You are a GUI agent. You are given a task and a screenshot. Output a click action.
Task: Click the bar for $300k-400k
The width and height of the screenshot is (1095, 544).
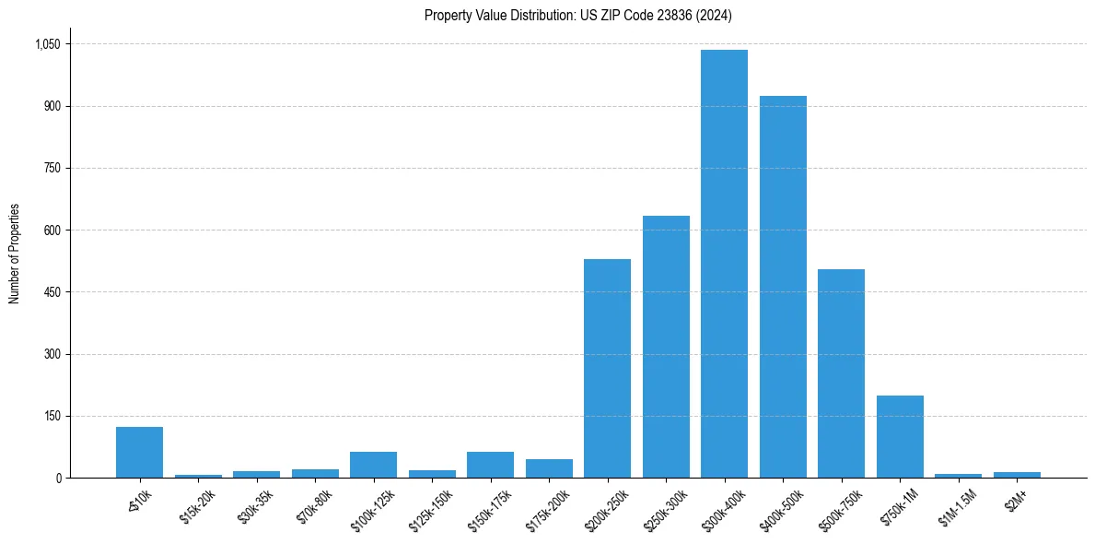click(x=724, y=264)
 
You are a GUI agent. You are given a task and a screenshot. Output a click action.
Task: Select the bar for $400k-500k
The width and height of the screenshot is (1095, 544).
click(x=783, y=287)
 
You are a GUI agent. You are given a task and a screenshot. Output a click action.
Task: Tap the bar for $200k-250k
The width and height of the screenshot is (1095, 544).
click(x=607, y=369)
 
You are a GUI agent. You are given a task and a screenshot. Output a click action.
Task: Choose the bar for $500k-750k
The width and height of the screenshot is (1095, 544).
click(x=841, y=373)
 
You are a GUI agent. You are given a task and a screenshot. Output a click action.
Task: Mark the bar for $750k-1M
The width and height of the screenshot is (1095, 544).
click(x=900, y=436)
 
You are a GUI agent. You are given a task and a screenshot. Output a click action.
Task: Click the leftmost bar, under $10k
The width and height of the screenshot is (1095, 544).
click(x=139, y=453)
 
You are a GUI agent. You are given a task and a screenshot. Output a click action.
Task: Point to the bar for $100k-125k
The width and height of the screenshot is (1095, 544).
click(x=373, y=465)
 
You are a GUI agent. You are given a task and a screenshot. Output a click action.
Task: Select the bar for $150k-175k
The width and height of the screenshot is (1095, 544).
click(x=490, y=465)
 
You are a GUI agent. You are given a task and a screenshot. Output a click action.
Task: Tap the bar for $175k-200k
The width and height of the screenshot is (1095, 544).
click(x=549, y=468)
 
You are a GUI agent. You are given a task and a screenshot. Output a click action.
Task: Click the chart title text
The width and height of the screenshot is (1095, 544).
click(x=578, y=15)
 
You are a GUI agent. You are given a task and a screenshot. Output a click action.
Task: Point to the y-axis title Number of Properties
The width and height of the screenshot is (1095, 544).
click(x=15, y=253)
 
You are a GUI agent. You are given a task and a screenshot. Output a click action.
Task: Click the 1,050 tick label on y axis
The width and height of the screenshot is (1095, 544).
click(x=47, y=44)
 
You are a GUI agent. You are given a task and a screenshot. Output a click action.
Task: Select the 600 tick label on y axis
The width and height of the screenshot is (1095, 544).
click(x=52, y=231)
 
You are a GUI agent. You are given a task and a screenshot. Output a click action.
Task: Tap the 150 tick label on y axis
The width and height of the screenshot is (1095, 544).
click(x=52, y=416)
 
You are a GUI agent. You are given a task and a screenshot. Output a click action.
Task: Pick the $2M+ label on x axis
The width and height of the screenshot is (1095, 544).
click(x=1016, y=501)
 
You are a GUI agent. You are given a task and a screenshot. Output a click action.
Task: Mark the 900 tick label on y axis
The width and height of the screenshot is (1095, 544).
click(x=52, y=106)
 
